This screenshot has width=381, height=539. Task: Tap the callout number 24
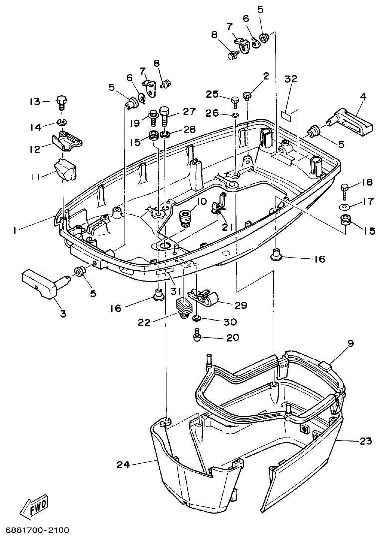click(123, 465)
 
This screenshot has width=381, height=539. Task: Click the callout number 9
click(350, 343)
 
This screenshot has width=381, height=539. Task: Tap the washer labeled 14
click(62, 122)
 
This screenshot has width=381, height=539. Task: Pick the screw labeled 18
click(344, 188)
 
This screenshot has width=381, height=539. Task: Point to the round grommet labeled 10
click(187, 217)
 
